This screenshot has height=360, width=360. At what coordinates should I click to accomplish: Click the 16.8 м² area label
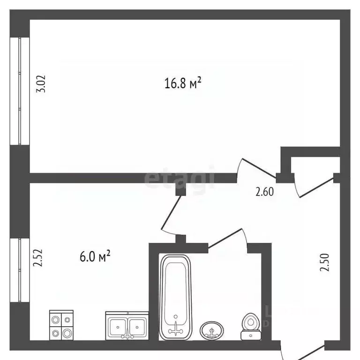[183, 84]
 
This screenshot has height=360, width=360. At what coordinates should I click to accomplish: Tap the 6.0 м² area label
[95, 256]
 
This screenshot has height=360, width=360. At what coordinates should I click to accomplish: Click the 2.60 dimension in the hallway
[264, 191]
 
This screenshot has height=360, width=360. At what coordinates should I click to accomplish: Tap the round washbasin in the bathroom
[212, 331]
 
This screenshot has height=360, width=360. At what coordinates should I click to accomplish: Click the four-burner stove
[61, 324]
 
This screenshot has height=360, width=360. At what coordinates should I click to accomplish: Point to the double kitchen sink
[127, 325]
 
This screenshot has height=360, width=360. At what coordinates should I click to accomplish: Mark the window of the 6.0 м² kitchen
[20, 271]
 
